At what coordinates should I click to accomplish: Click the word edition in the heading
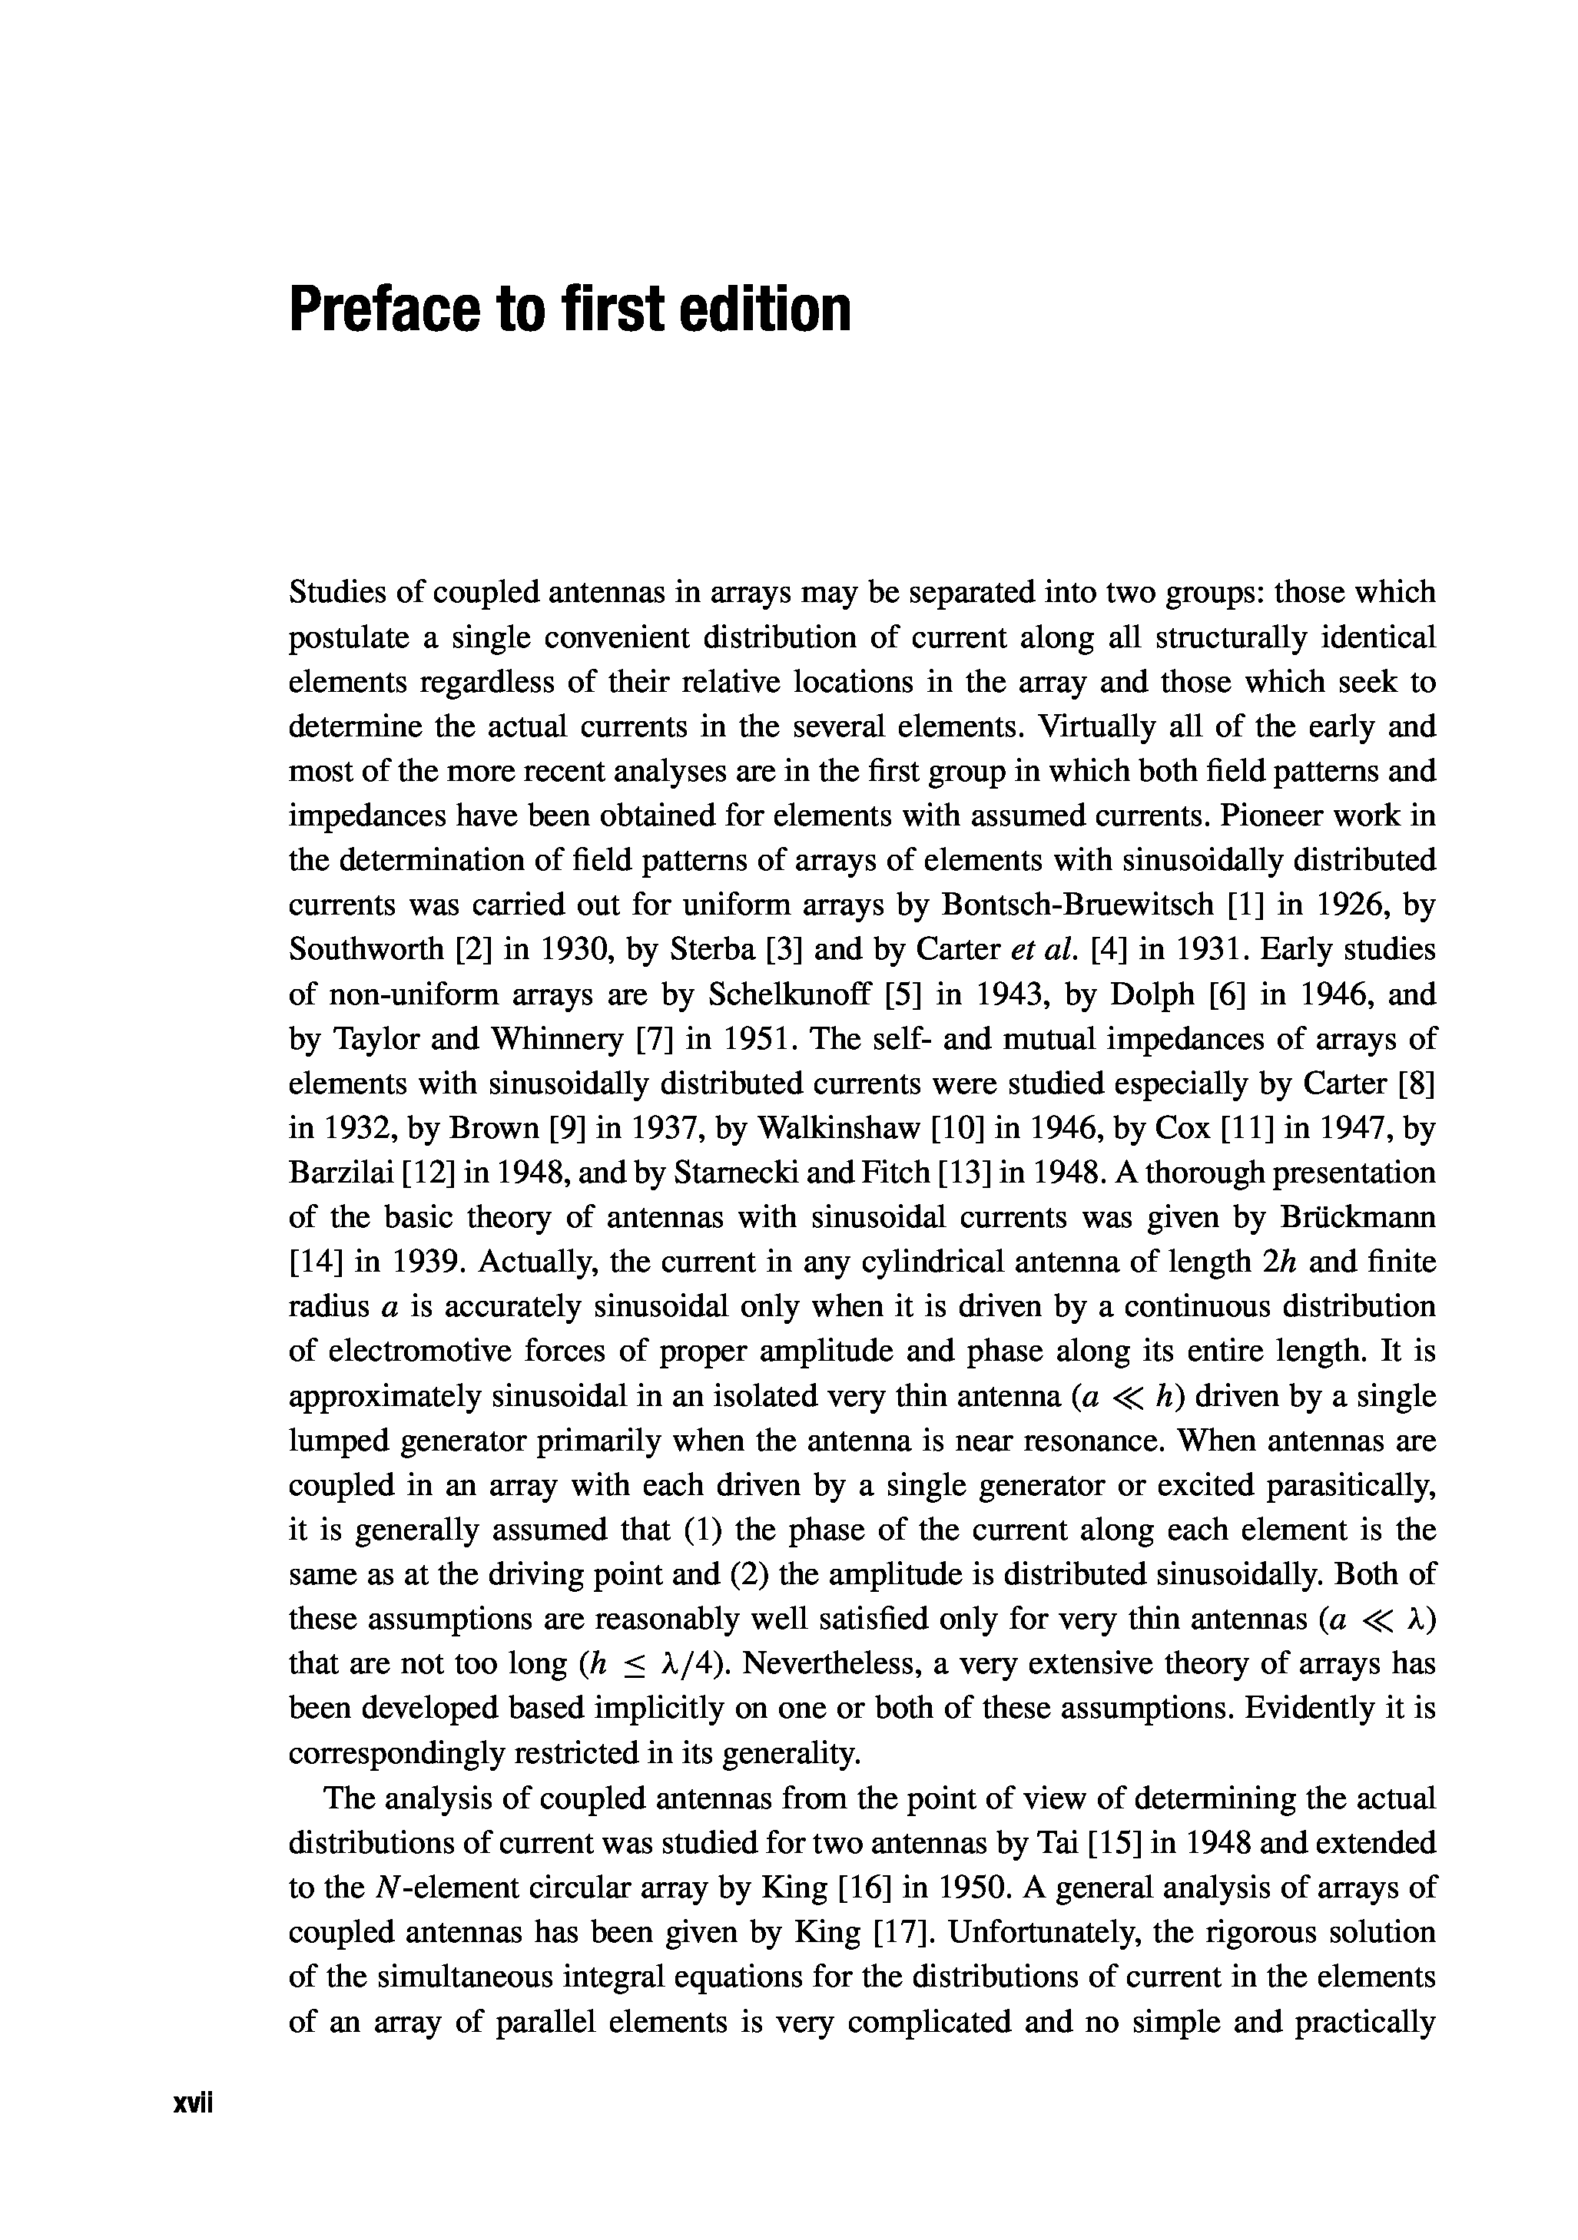point(758,309)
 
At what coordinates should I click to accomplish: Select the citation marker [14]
point(317,1262)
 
